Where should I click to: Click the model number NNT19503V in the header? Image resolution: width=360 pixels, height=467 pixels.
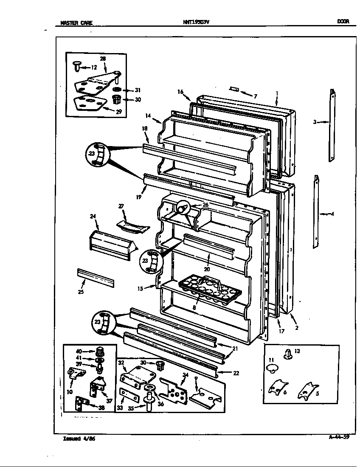196,22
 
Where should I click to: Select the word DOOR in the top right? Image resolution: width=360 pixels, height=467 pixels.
343,22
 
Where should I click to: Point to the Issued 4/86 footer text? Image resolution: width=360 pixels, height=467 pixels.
79,439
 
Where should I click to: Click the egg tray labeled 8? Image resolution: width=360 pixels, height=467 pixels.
210,288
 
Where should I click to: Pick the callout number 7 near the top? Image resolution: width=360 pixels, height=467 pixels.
255,96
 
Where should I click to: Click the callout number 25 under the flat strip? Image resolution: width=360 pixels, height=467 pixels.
81,292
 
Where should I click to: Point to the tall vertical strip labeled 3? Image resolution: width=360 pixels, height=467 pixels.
332,125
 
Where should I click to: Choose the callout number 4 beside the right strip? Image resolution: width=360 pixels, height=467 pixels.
332,214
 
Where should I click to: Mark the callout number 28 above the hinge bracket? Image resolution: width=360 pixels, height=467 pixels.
103,59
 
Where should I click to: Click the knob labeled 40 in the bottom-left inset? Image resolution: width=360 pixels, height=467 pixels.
100,351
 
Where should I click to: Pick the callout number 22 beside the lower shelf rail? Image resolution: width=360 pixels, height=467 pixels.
236,373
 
